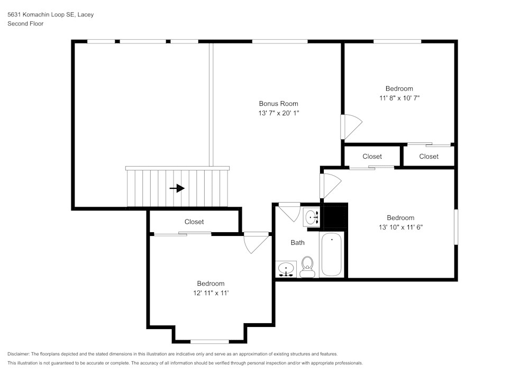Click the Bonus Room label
[278, 104]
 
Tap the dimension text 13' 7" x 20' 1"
[278, 113]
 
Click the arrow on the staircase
[177, 188]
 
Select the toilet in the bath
[307, 267]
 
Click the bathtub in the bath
[332, 254]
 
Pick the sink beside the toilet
[286, 269]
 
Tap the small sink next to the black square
[312, 217]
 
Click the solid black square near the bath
[334, 216]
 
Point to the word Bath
[297, 243]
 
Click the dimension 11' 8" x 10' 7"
[399, 98]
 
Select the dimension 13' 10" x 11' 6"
[400, 227]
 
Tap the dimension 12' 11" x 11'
[211, 293]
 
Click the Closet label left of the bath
[194, 222]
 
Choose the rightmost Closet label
[428, 156]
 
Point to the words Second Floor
[25, 24]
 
